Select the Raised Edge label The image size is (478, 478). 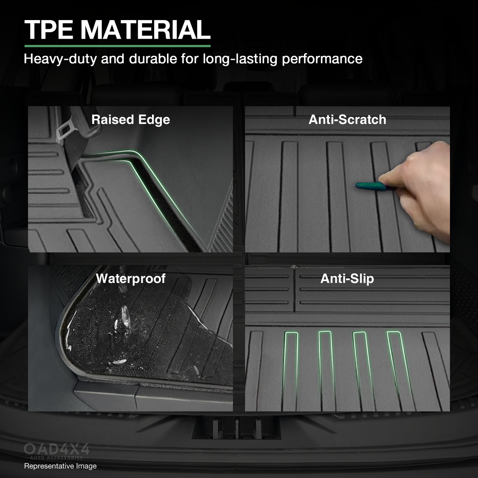[x=131, y=120]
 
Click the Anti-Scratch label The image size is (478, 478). [x=347, y=120]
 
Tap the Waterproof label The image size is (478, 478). [x=131, y=279]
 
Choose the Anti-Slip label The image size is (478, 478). [x=347, y=279]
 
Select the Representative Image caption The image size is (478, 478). [x=60, y=466]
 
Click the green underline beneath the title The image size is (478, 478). [x=117, y=46]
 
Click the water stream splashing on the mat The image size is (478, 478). [x=125, y=315]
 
